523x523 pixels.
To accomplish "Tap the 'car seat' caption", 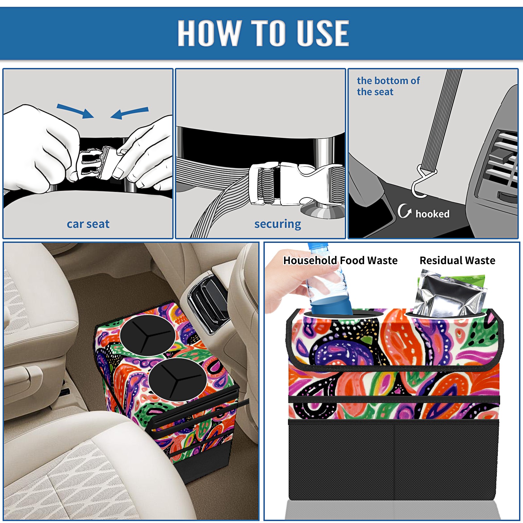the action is pyautogui.click(x=88, y=224).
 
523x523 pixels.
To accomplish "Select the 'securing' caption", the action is pyautogui.click(x=278, y=224).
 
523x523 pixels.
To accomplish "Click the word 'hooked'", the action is pyautogui.click(x=432, y=214).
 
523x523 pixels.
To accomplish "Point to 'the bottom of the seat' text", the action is pyautogui.click(x=388, y=86).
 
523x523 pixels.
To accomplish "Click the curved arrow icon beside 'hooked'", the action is pyautogui.click(x=404, y=211).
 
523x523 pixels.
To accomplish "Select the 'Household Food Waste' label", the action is pyautogui.click(x=340, y=261).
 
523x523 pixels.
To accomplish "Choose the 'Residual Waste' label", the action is pyautogui.click(x=457, y=261).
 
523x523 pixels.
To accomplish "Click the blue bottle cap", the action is pyautogui.click(x=318, y=246).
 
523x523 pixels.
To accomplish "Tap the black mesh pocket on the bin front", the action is pyautogui.click(x=394, y=461).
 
